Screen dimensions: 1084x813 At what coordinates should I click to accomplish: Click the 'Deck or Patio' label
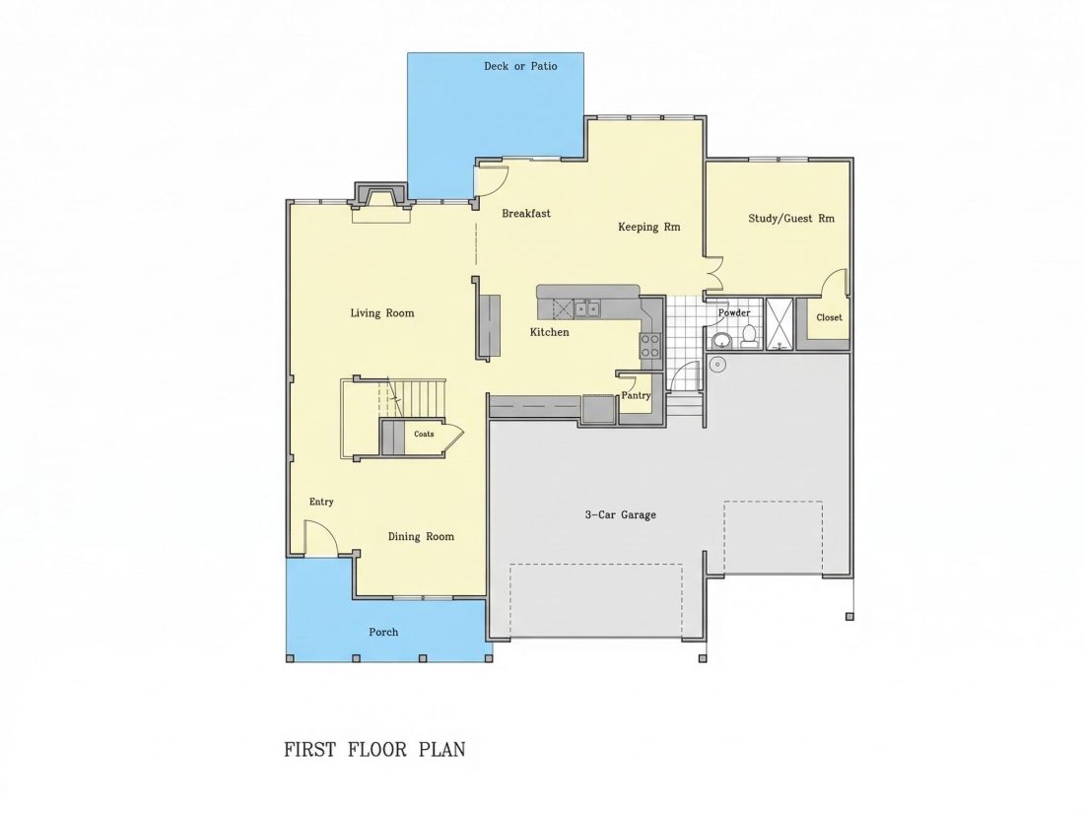520,66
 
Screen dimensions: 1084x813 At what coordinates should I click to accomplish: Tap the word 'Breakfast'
526,214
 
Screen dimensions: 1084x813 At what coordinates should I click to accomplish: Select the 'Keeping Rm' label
649,227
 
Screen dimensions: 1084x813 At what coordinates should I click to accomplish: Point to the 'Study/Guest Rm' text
791,219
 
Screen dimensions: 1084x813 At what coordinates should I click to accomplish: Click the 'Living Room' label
382,313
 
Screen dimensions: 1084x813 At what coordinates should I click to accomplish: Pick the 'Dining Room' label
421,536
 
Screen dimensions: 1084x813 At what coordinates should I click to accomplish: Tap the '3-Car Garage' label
620,515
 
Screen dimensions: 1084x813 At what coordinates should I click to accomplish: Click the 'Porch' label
383,632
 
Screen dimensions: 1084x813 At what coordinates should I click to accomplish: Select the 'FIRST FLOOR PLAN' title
374,749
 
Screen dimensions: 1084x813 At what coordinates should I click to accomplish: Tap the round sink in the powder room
721,341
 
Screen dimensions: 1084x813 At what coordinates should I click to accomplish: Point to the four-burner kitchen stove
649,346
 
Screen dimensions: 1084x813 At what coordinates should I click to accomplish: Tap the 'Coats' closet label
424,435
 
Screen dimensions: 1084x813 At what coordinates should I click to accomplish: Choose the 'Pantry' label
636,395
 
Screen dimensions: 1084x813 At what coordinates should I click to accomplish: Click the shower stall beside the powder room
779,324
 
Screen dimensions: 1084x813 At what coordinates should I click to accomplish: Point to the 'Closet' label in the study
829,318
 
